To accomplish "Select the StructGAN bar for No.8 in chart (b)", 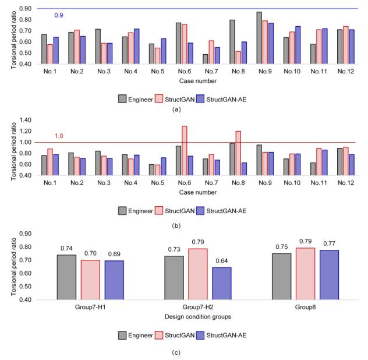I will click(x=238, y=153).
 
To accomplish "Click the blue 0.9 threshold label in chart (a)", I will click(x=59, y=15).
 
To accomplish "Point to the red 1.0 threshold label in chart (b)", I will click(x=59, y=136).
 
